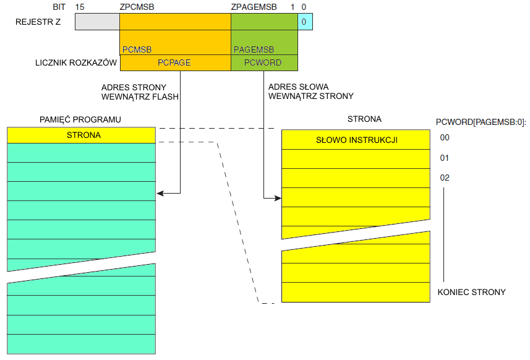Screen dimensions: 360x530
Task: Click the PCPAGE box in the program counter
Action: (174, 62)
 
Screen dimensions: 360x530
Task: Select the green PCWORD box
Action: (263, 62)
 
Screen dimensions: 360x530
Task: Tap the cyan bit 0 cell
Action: (304, 22)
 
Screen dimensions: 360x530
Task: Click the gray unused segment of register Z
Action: (97, 22)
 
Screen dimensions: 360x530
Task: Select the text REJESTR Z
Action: (38, 22)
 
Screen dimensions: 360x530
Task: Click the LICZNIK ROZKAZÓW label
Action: (76, 62)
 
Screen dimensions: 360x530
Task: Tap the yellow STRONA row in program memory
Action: (82, 135)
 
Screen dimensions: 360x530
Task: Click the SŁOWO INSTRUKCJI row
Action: (356, 140)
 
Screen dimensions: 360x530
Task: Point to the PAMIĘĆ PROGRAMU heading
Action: (80, 119)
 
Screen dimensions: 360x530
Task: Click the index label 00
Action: (444, 138)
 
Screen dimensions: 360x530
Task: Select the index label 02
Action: (444, 178)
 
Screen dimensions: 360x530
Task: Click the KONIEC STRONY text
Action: (471, 292)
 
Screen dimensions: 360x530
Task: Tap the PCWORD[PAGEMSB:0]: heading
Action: (481, 122)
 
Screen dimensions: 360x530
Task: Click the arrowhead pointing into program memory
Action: (160, 194)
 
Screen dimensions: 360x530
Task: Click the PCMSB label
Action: (137, 49)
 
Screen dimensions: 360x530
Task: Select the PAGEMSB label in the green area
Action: (252, 49)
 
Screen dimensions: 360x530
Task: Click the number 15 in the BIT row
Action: (79, 6)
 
